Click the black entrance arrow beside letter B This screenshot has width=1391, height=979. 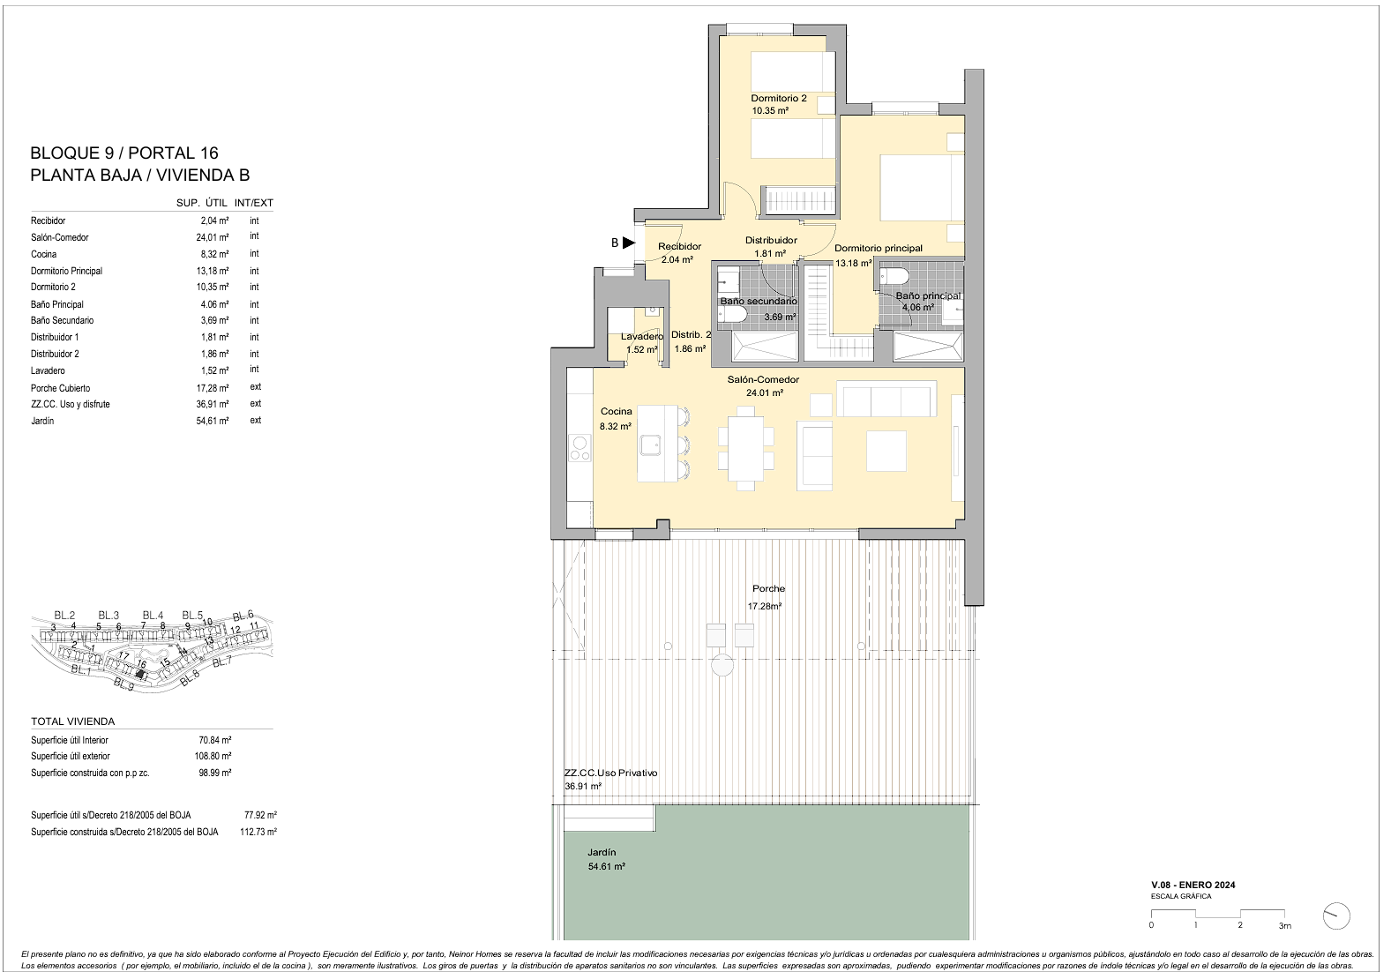click(x=629, y=243)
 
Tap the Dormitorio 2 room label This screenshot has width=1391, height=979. click(x=778, y=98)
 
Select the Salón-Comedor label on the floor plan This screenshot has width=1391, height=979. click(x=763, y=379)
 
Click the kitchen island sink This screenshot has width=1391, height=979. click(x=652, y=445)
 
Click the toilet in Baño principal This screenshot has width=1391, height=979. click(x=894, y=276)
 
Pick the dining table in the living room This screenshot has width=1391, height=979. click(x=746, y=448)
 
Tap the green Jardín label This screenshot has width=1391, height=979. click(x=601, y=852)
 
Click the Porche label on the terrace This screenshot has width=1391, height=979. click(x=769, y=588)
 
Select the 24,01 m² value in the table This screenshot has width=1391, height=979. click(x=213, y=237)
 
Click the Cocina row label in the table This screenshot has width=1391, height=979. click(x=43, y=254)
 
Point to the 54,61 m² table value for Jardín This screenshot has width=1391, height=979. click(x=213, y=421)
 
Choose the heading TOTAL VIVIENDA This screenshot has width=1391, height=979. click(x=72, y=721)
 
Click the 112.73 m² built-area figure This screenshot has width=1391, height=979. click(x=258, y=832)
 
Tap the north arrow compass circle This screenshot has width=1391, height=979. click(x=1336, y=916)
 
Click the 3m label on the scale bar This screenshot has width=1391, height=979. click(x=1285, y=925)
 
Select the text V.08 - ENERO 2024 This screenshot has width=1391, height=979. click(x=1193, y=886)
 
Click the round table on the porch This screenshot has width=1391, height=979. click(x=722, y=666)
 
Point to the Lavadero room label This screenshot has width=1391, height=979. click(x=642, y=336)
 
